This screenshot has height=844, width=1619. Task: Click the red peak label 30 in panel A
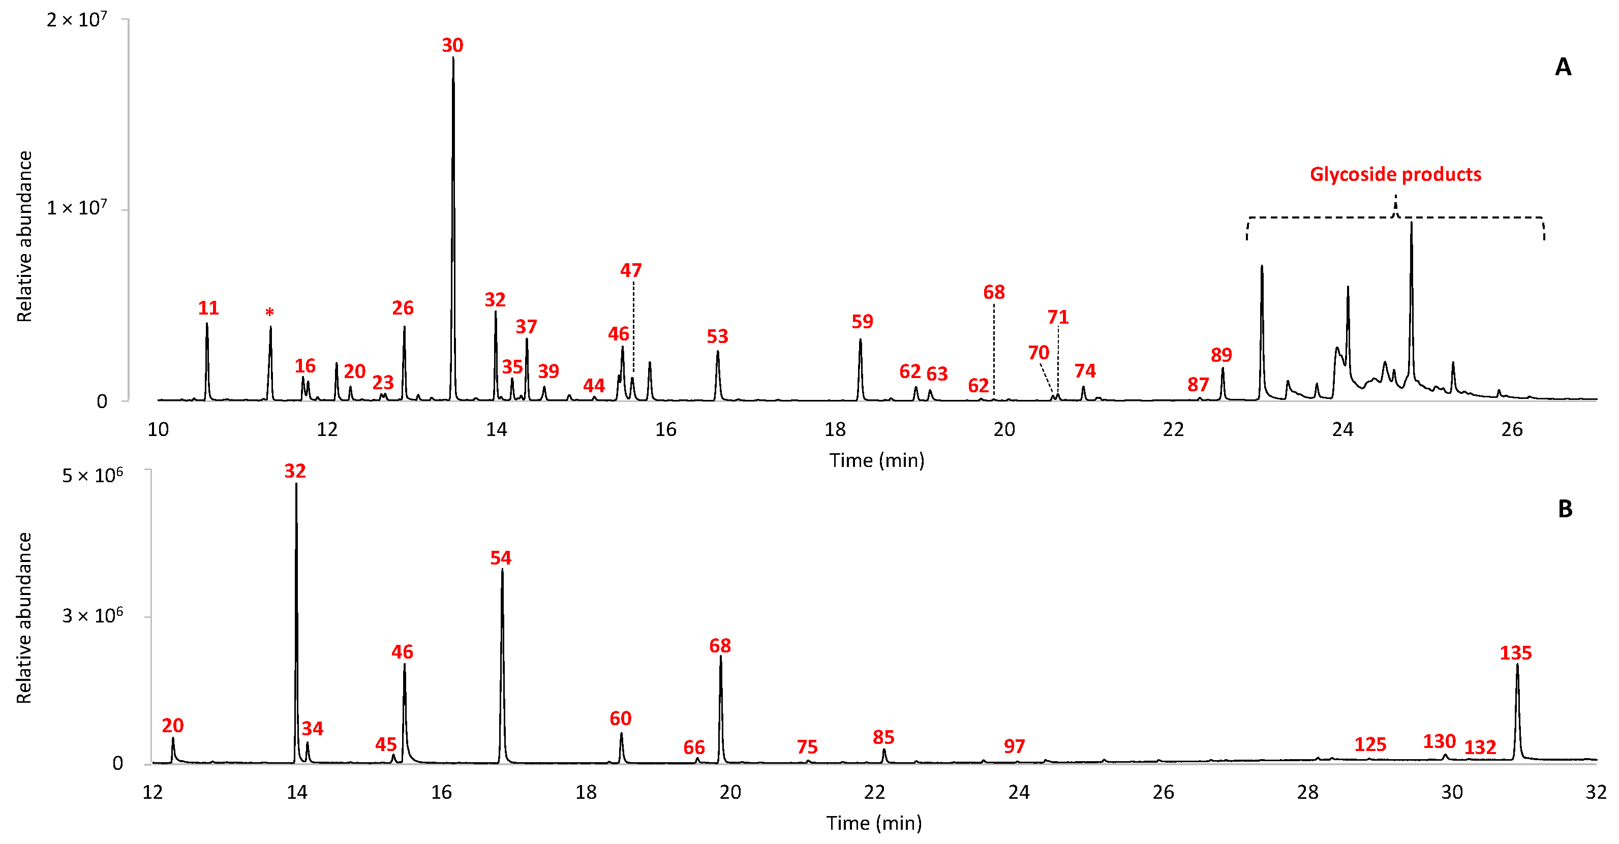click(x=452, y=45)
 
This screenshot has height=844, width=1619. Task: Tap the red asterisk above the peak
click(x=269, y=312)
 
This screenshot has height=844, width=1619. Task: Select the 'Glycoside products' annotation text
click(x=1395, y=174)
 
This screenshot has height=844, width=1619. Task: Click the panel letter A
click(x=1563, y=67)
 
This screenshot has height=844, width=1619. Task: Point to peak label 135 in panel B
click(x=1515, y=653)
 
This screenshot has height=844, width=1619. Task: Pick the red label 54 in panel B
click(x=500, y=557)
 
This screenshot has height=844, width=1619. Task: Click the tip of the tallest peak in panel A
click(x=452, y=58)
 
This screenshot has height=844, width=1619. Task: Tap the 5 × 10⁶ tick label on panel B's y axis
click(x=92, y=475)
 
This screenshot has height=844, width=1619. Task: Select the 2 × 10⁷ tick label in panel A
click(x=77, y=20)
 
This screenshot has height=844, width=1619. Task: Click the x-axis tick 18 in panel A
click(x=835, y=429)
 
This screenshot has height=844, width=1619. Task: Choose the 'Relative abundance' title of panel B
click(x=24, y=618)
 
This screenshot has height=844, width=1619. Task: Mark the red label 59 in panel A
click(x=862, y=322)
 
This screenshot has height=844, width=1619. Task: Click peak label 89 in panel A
click(x=1220, y=355)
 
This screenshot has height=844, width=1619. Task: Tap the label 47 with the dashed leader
click(x=630, y=270)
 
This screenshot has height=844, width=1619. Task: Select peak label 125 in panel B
click(x=1370, y=745)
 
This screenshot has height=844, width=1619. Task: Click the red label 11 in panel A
click(x=208, y=308)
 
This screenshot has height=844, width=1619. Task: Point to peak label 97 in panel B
click(x=1014, y=746)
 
